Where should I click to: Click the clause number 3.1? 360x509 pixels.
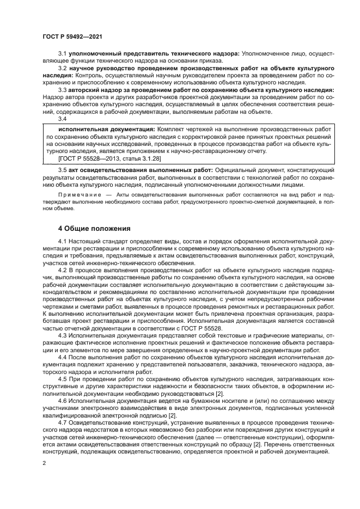tap(63, 53)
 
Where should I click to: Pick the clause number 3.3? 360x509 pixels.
tap(63, 90)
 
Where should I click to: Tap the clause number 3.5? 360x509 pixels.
tap(63, 170)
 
